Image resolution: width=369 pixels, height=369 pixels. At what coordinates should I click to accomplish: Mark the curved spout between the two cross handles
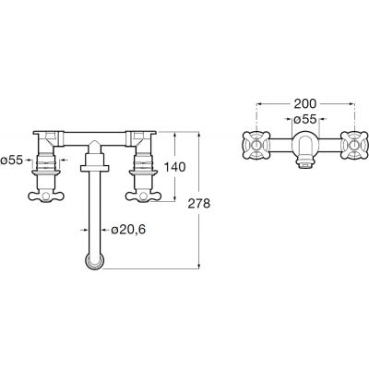click(x=304, y=144)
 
